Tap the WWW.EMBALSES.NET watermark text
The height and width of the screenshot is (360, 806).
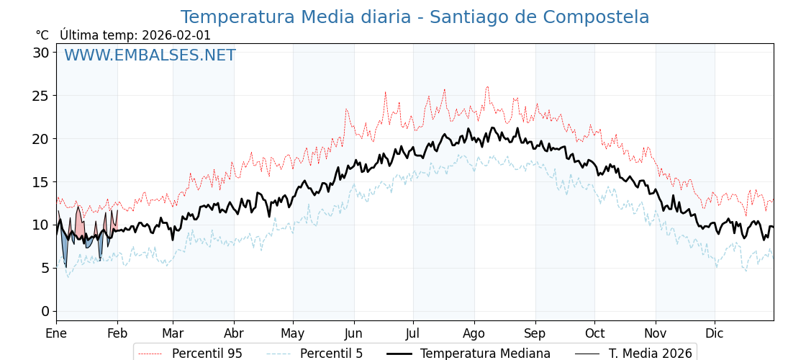pos(150,55)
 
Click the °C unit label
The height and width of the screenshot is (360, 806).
pos(42,35)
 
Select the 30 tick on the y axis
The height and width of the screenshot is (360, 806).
pos(40,53)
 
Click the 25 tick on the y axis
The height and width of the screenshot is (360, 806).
pos(40,96)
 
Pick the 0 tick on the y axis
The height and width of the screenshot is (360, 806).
pos(45,311)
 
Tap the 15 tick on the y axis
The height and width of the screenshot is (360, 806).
pos(40,181)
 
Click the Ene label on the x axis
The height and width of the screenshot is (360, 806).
pos(56,333)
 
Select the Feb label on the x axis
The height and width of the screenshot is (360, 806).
pos(117,333)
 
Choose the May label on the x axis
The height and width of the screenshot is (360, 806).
pos(293,333)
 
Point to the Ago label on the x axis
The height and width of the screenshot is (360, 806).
pos(474,333)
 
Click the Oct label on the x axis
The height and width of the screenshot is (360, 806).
pos(594,333)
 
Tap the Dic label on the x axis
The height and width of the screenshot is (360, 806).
pos(715,333)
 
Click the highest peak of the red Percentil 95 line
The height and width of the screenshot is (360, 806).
pos(487,87)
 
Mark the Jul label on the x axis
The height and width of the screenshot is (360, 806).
pos(413,333)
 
